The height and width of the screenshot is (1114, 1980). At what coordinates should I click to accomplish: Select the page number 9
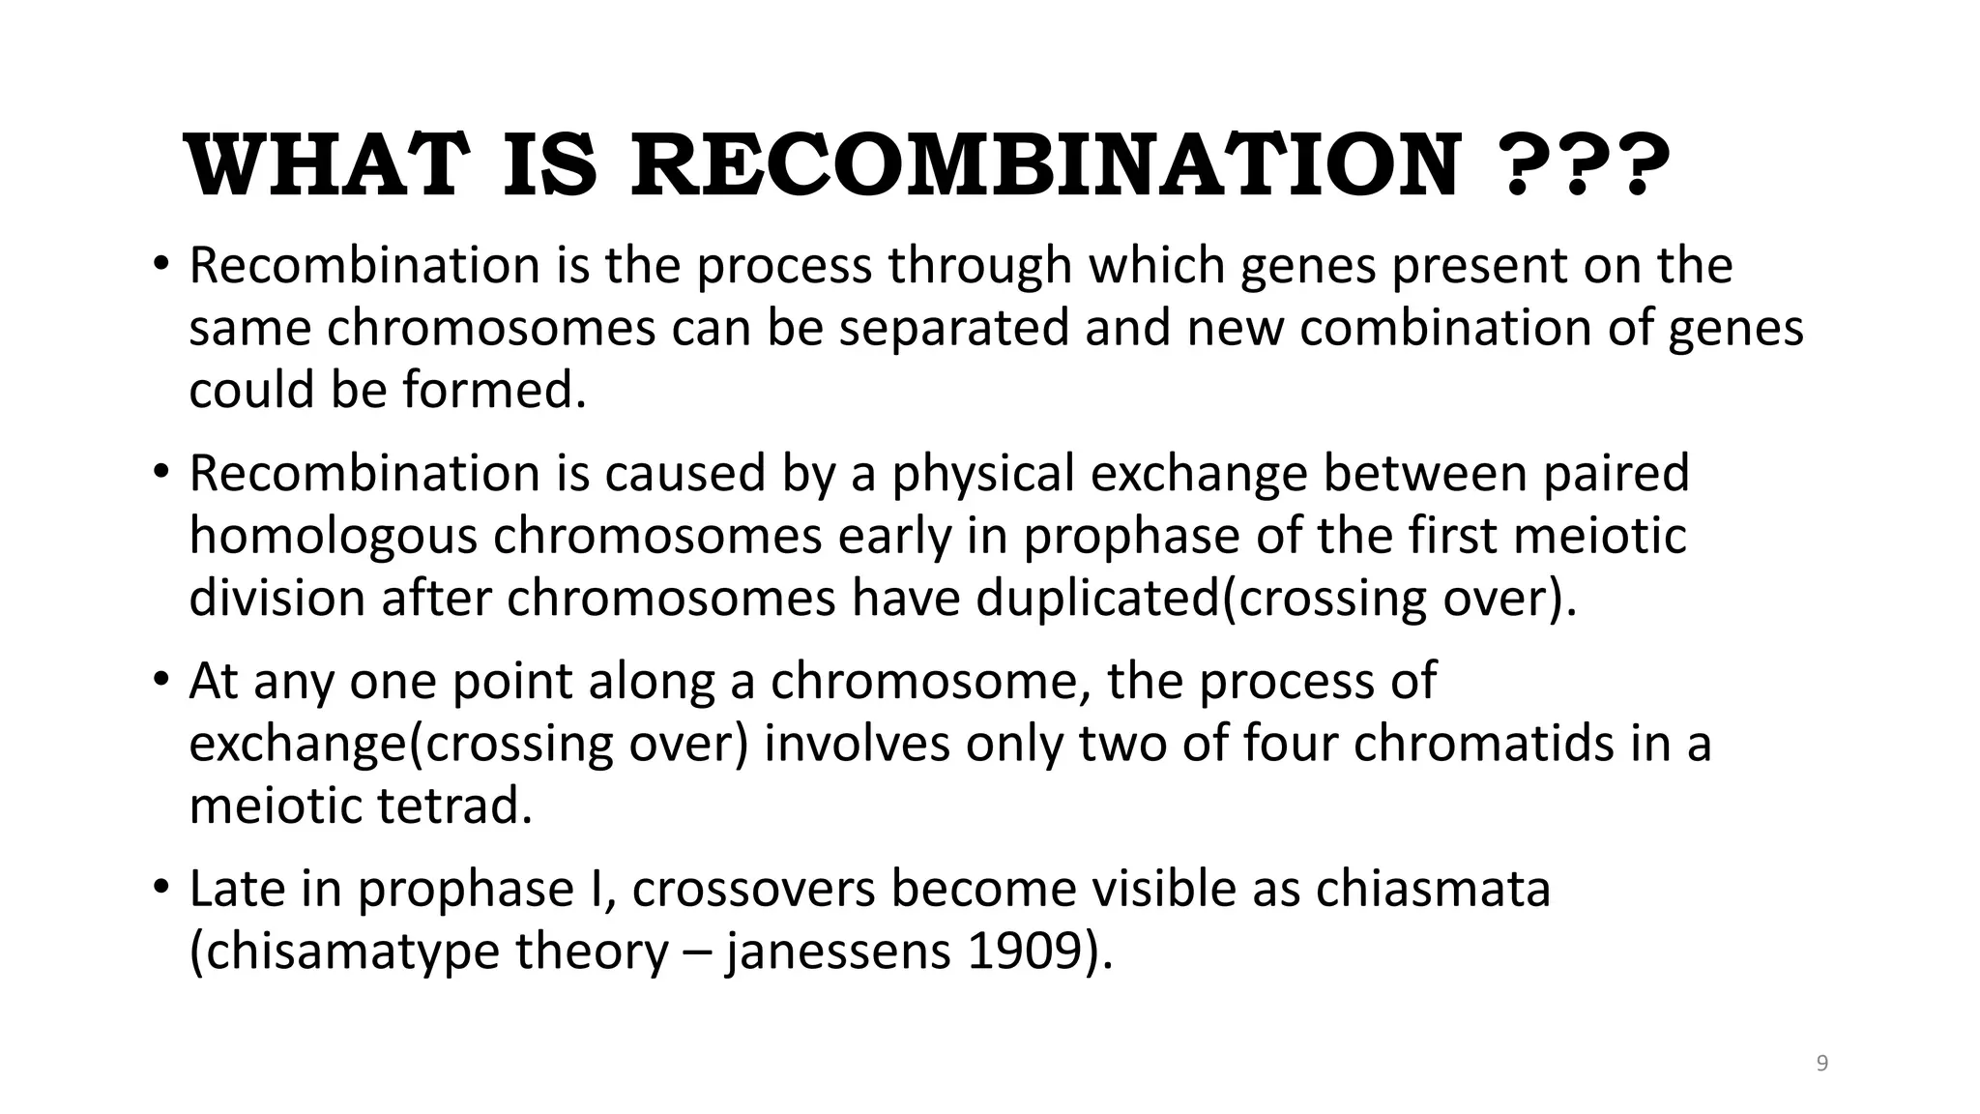(x=1822, y=1064)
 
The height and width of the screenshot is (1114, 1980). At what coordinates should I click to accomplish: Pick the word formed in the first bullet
(x=494, y=391)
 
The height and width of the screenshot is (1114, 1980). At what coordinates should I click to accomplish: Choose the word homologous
(x=333, y=537)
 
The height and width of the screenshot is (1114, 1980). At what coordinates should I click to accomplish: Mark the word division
(x=277, y=598)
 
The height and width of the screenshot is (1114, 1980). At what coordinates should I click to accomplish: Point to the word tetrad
(x=454, y=806)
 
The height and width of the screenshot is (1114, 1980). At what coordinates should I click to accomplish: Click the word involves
(x=857, y=744)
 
